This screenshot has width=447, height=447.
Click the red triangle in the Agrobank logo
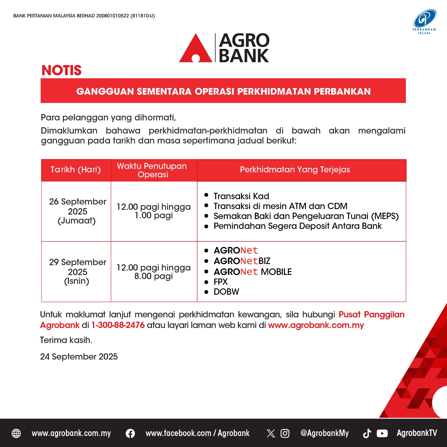(196, 50)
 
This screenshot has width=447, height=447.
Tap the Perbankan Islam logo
(424, 21)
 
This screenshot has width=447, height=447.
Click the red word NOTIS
(61, 70)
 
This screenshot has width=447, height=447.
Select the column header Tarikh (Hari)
(76, 170)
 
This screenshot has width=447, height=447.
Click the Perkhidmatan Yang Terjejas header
(295, 170)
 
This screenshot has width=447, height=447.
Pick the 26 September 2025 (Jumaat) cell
(77, 211)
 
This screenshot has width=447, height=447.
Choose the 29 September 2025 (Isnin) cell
(77, 272)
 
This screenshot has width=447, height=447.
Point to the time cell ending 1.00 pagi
(153, 211)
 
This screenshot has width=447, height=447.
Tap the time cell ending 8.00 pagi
(153, 272)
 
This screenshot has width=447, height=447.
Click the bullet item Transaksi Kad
(241, 196)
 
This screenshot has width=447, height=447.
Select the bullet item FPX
(220, 282)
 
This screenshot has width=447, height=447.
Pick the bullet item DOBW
(226, 292)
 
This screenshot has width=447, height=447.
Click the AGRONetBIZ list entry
(242, 261)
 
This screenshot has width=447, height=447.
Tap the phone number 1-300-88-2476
(118, 325)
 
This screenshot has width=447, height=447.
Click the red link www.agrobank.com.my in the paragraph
(316, 325)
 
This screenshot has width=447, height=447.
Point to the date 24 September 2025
(79, 356)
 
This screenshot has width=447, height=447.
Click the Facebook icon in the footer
(130, 433)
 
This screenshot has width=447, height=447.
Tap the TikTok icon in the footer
(367, 433)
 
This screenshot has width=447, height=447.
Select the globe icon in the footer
(16, 433)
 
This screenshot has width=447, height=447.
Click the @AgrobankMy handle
(324, 433)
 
